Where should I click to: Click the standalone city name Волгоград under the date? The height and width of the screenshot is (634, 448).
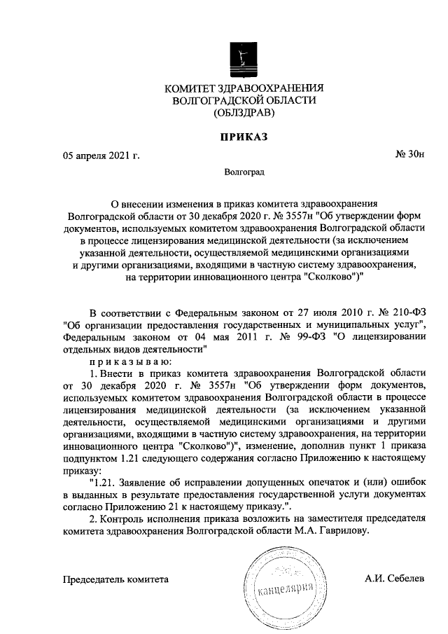(244, 170)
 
